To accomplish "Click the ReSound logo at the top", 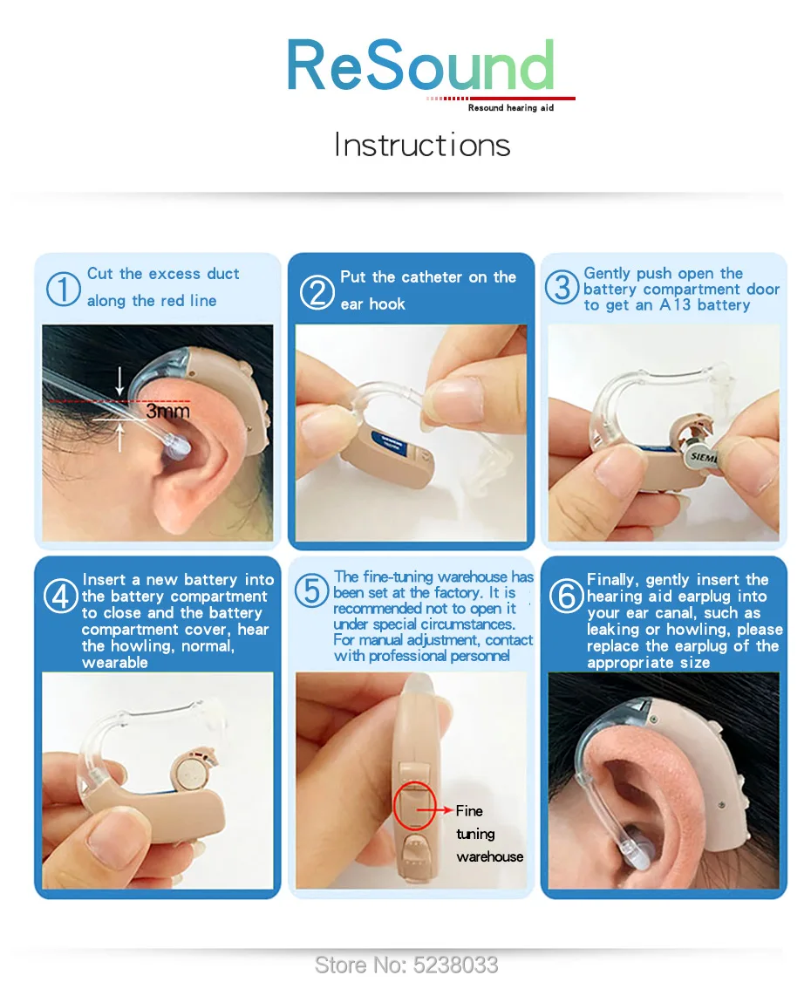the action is [421, 65].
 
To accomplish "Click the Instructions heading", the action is [422, 145].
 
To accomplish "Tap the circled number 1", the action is [64, 290].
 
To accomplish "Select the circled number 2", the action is [317, 292].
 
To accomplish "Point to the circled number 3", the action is [561, 287].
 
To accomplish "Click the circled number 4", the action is [61, 596].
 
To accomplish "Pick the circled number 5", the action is [311, 590].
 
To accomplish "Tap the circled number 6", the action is [566, 596].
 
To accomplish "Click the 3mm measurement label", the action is [167, 412].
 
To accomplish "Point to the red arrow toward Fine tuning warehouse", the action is [434, 810].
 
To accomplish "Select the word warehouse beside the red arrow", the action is [490, 856].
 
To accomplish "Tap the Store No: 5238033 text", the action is [405, 965].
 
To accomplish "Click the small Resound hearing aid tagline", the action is [511, 108].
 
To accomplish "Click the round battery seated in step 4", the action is [192, 774].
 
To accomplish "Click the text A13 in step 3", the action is [675, 305].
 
